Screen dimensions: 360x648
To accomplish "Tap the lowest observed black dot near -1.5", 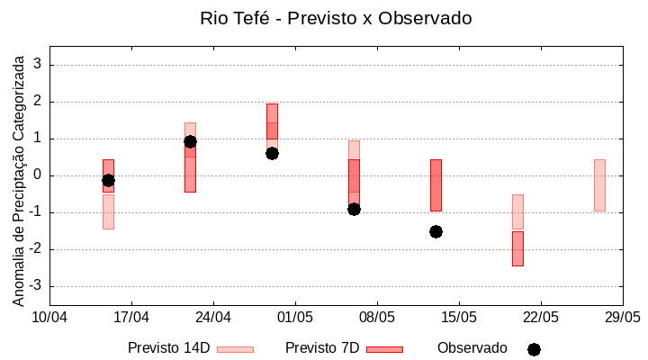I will [x=436, y=231].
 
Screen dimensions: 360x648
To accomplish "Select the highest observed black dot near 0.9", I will [x=190, y=141].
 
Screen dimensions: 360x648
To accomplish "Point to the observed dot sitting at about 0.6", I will [x=272, y=153].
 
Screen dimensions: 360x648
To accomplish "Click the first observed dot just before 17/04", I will [x=108, y=180].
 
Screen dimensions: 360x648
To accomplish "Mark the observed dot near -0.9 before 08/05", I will [x=354, y=209].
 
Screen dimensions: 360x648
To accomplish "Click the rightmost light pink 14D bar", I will [x=599, y=184].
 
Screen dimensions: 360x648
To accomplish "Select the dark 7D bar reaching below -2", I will [x=517, y=248].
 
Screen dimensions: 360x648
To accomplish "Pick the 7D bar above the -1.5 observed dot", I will [x=436, y=184].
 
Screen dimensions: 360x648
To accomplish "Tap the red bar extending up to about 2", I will [x=272, y=121].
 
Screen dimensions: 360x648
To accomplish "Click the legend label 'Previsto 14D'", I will [x=168, y=348].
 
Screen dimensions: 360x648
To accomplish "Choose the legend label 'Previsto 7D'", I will [x=322, y=348].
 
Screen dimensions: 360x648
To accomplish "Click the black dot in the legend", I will [x=534, y=349].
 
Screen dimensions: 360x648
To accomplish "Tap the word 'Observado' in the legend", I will [x=472, y=348].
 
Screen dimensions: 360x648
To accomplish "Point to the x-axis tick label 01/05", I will [x=294, y=317].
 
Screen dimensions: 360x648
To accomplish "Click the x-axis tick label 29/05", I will [x=622, y=317].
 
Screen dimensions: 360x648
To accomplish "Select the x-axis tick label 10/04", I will [x=49, y=317].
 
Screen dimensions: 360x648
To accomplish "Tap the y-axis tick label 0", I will [x=39, y=175].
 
